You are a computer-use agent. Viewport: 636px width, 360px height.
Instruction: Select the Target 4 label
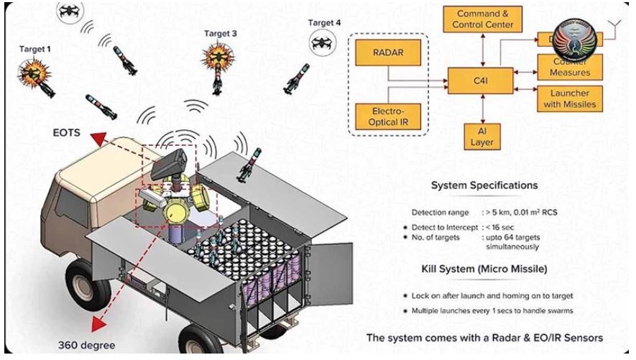(x=325, y=22)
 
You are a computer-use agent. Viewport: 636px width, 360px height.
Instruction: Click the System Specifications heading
(x=483, y=185)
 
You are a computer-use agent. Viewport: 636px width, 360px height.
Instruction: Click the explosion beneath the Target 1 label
(x=31, y=72)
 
